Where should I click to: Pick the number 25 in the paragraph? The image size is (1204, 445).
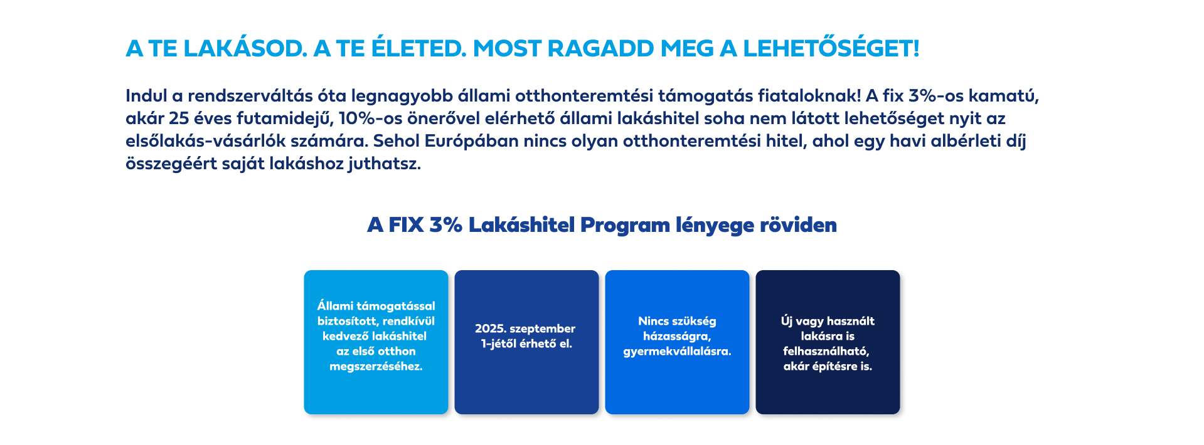tap(179, 118)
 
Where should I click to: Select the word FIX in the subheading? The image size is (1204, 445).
tap(406, 225)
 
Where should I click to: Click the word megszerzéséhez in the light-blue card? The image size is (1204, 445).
tap(376, 367)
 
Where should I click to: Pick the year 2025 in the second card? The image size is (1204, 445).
tap(489, 328)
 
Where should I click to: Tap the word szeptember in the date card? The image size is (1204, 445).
tap(542, 329)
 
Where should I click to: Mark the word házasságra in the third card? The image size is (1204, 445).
tap(677, 337)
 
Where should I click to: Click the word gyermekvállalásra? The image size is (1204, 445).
tap(677, 352)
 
